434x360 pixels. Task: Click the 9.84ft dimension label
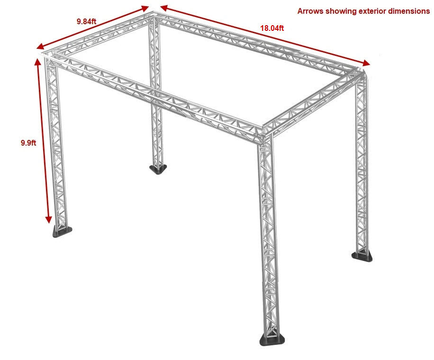(86, 21)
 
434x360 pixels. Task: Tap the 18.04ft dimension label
(272, 28)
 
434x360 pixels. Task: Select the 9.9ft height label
(28, 143)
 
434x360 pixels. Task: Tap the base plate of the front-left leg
(62, 231)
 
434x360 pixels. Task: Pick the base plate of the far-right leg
(362, 256)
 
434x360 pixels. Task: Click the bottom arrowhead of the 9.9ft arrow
(48, 219)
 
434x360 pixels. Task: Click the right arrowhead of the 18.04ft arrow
(366, 63)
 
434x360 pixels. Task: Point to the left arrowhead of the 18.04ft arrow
(164, 8)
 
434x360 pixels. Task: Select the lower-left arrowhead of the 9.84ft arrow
(41, 47)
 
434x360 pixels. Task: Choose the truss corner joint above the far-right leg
(359, 74)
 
